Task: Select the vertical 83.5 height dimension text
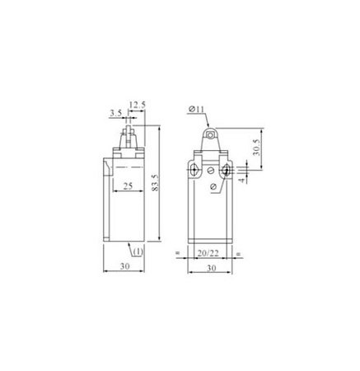click(157, 190)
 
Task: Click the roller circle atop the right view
click(211, 134)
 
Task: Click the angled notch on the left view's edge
click(105, 169)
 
